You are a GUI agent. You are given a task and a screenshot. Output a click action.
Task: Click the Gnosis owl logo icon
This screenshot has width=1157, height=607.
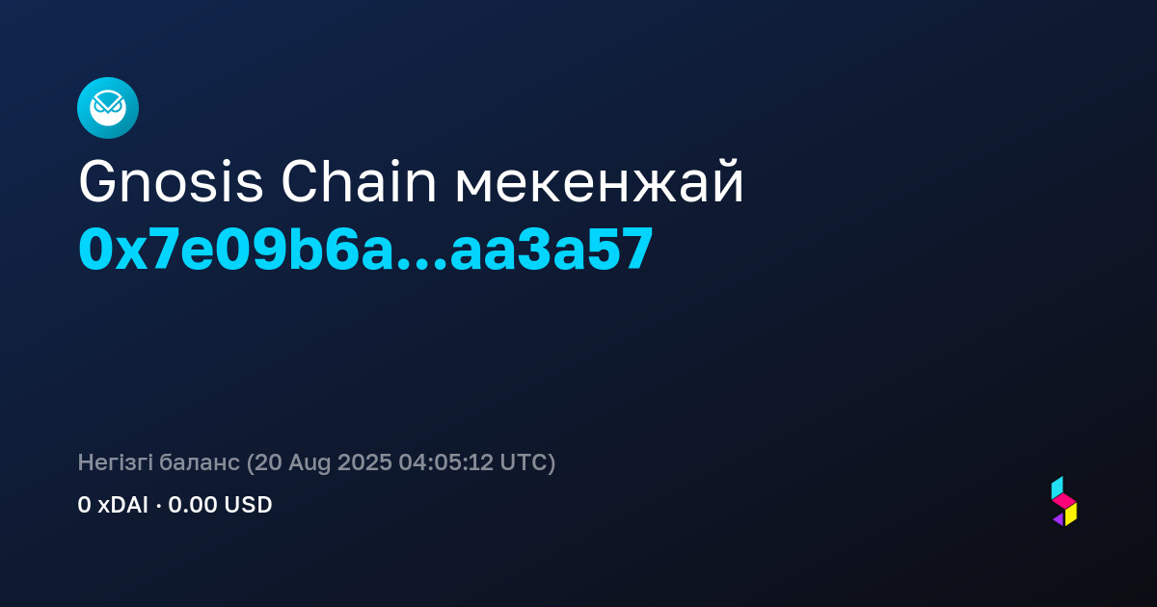(x=108, y=108)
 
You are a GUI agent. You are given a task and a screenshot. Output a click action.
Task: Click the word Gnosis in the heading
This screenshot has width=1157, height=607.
(x=171, y=182)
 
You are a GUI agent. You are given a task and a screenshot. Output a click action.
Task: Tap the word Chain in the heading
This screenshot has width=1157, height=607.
(x=359, y=182)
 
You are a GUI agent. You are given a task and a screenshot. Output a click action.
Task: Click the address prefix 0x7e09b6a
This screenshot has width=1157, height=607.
(x=235, y=250)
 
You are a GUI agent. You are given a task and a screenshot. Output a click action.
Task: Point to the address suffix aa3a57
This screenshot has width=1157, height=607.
(x=552, y=250)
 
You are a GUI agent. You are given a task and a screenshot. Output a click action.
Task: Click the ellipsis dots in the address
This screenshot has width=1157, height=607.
(x=421, y=264)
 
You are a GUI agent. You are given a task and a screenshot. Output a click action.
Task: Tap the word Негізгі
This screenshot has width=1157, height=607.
(x=115, y=462)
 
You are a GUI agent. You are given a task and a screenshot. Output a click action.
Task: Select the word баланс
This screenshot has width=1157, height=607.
(x=200, y=462)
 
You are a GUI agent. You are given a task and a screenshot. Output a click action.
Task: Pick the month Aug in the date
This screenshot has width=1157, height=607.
(x=309, y=463)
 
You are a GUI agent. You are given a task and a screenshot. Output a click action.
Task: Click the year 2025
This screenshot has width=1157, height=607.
(x=364, y=462)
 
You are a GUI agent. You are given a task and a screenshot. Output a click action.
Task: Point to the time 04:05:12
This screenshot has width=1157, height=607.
(x=446, y=462)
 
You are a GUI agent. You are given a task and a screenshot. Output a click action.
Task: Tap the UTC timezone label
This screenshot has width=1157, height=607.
(x=524, y=462)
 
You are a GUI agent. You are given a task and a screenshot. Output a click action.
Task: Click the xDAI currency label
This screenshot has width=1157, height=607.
(x=123, y=505)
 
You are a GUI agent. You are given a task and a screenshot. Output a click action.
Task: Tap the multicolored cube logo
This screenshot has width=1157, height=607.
(x=1064, y=502)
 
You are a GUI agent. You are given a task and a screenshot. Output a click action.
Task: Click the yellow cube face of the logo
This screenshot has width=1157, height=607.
(x=1071, y=515)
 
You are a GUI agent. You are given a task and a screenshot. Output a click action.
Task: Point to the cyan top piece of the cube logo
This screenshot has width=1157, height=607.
(x=1057, y=488)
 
